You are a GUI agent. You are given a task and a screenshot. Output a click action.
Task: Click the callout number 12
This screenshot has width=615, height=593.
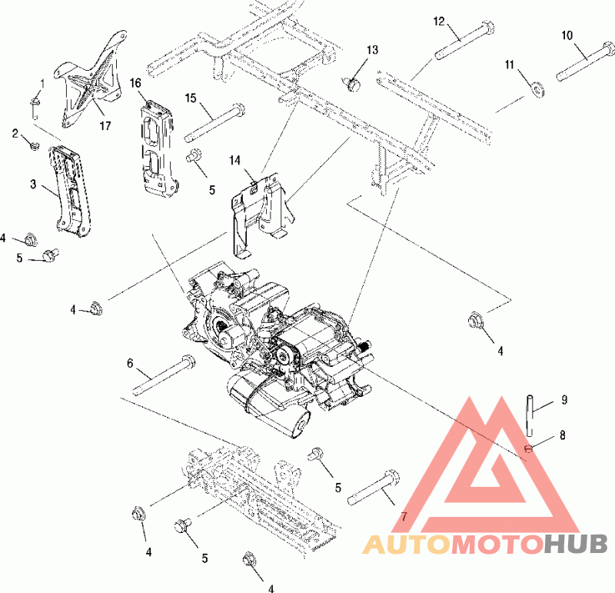[x=439, y=22]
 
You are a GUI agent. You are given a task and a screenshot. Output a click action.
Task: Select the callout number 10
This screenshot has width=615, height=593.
[x=567, y=35]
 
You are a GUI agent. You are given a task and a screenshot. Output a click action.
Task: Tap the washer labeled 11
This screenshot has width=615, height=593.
[x=537, y=89]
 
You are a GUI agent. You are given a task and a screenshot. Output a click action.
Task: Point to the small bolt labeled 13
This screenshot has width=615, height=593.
[x=353, y=84]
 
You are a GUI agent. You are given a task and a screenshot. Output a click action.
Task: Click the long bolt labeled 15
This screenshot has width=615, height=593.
[x=215, y=122]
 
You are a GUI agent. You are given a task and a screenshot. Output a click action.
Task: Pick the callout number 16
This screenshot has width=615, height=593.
[x=135, y=83]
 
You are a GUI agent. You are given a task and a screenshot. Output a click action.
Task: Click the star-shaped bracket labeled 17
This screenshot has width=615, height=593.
[x=89, y=79]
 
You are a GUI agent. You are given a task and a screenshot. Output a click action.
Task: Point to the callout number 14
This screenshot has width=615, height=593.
[x=234, y=160]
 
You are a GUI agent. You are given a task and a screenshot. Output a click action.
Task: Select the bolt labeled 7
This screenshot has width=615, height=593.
[x=374, y=488]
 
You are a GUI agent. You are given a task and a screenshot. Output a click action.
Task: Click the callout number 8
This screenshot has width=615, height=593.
[x=563, y=435]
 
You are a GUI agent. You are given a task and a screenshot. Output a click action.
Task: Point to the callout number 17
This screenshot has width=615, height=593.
[x=105, y=125]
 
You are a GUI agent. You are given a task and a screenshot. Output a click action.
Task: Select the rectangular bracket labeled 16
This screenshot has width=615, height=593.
[x=158, y=148]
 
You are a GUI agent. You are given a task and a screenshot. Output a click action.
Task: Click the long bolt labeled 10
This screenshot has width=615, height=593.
[x=586, y=60]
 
